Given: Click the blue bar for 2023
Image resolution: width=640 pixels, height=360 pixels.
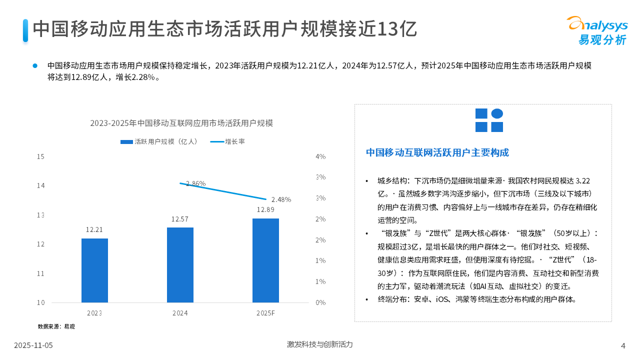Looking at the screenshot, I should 94,270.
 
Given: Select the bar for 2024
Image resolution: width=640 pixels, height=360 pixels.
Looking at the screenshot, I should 180,265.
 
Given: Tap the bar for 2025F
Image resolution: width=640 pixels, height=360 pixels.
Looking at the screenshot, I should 265,260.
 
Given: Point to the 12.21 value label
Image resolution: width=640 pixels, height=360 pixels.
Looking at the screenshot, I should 94,230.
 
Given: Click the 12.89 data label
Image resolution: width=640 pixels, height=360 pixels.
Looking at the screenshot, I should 265,209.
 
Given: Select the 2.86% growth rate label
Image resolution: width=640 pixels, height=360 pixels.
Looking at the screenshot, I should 195,183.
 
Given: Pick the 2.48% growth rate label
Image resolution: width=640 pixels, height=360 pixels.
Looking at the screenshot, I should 281,199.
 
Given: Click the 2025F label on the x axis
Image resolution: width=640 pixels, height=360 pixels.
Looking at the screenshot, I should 265,313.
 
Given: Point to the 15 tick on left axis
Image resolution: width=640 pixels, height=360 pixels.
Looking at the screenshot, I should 41,156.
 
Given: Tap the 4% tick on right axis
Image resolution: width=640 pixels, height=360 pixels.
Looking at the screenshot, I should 320,156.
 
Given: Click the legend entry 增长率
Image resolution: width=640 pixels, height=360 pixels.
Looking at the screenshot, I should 227,141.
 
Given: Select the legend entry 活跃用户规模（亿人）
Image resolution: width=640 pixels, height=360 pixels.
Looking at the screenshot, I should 159,141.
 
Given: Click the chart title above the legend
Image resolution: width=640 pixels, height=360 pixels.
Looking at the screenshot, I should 181,123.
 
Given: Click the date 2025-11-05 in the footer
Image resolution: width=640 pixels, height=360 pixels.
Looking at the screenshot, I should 33,345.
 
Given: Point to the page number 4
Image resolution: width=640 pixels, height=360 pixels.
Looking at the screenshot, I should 623,345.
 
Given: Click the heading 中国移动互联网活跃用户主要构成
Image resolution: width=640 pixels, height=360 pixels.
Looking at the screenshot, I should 437,152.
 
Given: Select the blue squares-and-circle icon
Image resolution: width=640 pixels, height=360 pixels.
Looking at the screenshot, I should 489,120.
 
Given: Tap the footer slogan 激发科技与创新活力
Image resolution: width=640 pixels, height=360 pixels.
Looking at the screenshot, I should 320,344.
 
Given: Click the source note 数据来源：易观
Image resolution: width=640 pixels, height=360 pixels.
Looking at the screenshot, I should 56,326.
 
